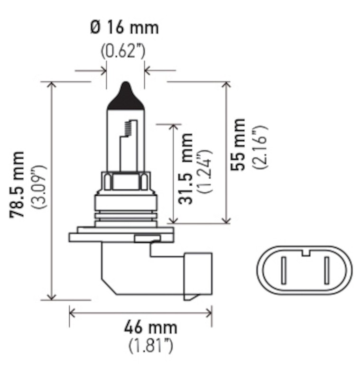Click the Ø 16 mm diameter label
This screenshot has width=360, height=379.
124,27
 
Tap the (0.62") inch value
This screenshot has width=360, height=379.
123,50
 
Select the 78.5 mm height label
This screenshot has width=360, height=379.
18,185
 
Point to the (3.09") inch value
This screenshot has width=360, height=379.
38,187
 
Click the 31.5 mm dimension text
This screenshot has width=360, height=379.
186,168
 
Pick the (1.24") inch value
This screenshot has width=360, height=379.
206,171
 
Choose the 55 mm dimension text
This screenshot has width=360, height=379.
239,144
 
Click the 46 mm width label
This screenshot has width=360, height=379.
150,327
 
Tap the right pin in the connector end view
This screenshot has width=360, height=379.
327,271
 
